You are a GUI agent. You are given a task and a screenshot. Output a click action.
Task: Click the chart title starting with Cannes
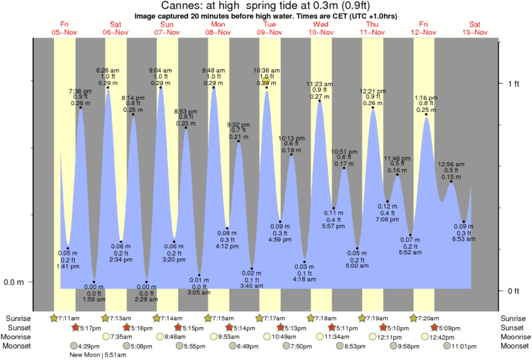click(266, 6)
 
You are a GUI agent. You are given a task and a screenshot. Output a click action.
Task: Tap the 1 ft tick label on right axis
click(513, 83)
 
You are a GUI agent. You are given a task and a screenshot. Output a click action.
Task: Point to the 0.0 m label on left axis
click(14, 282)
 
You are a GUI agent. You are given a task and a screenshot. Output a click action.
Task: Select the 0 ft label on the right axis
click(513, 291)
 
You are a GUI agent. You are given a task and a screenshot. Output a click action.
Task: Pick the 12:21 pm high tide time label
click(373, 91)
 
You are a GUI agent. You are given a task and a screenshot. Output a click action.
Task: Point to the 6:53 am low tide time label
click(463, 239)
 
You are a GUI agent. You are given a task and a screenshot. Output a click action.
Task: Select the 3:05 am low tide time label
click(199, 293)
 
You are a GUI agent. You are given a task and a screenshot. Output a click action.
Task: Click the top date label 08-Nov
click(219, 32)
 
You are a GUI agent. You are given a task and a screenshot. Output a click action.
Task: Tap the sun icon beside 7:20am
click(418, 318)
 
